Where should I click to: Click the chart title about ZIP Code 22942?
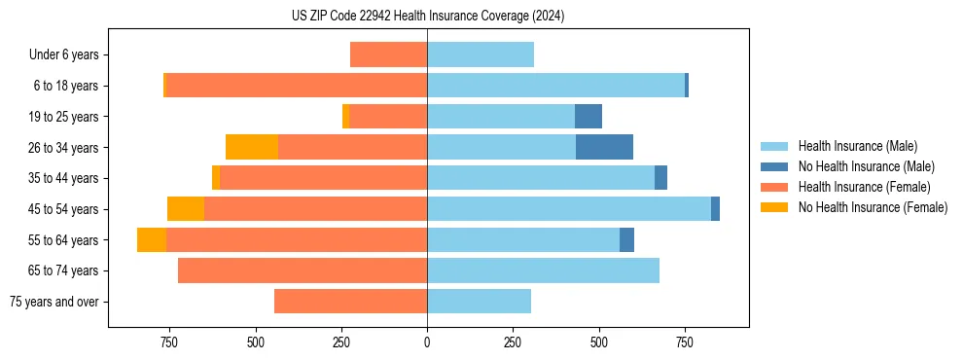pyautogui.click(x=428, y=16)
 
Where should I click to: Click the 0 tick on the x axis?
pyautogui.click(x=427, y=342)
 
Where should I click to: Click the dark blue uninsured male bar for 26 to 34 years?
pyautogui.click(x=604, y=147)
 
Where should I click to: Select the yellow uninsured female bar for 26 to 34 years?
pyautogui.click(x=252, y=147)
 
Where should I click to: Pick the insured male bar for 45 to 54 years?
pyautogui.click(x=569, y=208)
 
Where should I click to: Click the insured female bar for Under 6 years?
pyautogui.click(x=388, y=55)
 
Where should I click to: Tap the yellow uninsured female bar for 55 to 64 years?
pyautogui.click(x=152, y=239)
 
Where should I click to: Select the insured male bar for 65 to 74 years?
pyautogui.click(x=543, y=270)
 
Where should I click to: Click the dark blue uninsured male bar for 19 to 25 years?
pyautogui.click(x=588, y=117)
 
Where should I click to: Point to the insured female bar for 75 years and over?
pyautogui.click(x=350, y=302)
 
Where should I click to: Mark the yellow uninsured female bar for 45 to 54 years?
pyautogui.click(x=186, y=208)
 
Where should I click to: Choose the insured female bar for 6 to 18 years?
pyautogui.click(x=297, y=86)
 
